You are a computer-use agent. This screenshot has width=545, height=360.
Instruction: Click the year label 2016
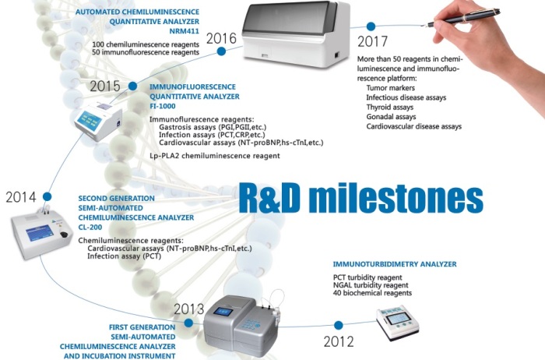pos(221,38)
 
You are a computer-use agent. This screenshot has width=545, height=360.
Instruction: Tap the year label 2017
pos(372,42)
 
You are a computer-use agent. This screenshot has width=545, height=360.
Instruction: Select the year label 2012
pos(339,341)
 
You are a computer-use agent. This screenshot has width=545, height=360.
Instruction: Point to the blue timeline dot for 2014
pos(47,196)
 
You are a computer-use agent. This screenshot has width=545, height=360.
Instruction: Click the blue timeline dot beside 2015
pos(133,86)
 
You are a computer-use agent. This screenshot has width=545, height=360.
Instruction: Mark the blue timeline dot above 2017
pos(371,26)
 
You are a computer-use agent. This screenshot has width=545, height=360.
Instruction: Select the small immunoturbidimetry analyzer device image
pos(398,323)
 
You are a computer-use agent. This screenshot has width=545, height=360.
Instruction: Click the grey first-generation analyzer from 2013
pos(241,326)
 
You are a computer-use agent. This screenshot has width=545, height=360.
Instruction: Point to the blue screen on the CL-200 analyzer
pos(40,233)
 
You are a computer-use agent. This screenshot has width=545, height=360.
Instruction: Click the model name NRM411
pos(185,31)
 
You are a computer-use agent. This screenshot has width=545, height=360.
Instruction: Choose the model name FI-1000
pos(163,106)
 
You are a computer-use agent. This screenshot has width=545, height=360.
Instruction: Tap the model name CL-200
pos(90,227)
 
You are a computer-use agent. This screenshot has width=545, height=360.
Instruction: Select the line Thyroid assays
pos(389,107)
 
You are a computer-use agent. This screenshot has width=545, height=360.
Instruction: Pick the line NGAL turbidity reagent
pos(371,285)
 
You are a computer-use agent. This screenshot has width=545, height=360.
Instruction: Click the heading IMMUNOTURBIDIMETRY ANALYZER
pos(395,264)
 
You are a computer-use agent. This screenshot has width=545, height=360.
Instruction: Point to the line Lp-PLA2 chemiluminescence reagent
pos(215,156)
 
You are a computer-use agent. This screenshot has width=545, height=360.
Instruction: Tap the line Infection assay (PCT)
pos(124,256)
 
